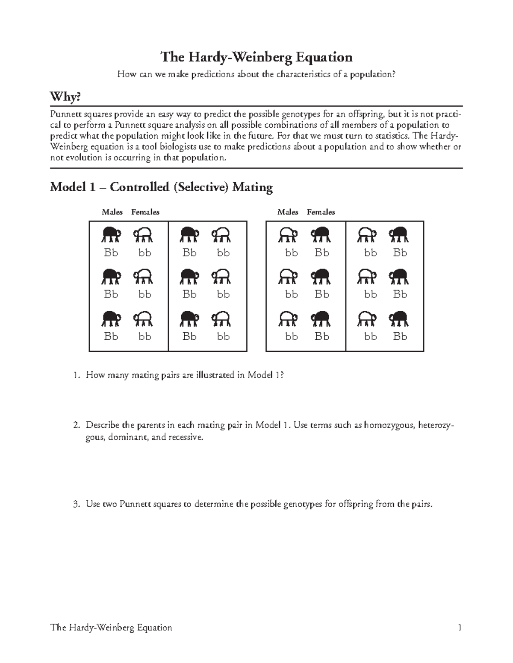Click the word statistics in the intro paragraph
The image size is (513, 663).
tap(389, 136)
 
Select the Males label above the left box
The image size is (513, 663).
tap(112, 212)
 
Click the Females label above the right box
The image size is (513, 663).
tap(321, 212)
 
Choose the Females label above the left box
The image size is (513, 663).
tap(145, 212)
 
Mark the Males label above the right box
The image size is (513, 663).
tap(288, 212)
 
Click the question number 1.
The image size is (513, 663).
tap(76, 375)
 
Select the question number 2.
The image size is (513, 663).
tap(76, 425)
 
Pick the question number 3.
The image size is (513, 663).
tap(76, 504)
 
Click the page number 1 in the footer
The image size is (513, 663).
tap(460, 628)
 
